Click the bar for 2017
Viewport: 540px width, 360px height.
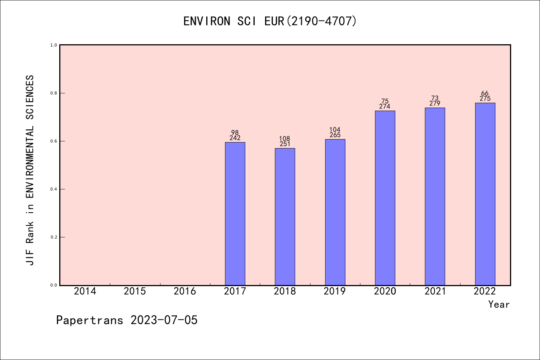tap(235, 214)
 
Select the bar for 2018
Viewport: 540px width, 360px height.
tap(285, 217)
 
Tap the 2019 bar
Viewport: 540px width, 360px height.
tap(335, 212)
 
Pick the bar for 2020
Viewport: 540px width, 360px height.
tap(385, 198)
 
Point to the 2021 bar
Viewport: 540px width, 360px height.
tap(435, 196)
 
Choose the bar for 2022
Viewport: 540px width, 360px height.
tap(485, 194)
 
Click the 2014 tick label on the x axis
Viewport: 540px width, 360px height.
tap(85, 291)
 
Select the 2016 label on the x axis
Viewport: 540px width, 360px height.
tap(185, 291)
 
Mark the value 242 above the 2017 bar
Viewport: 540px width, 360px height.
tap(235, 138)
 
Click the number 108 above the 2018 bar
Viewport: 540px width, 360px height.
tap(285, 139)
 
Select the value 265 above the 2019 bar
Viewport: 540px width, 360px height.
tap(335, 135)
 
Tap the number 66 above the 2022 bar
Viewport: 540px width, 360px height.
tap(485, 93)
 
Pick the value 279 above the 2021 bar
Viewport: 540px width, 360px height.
tap(435, 103)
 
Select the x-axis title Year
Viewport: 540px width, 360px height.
tap(499, 304)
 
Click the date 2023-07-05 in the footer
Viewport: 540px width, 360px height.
tap(164, 320)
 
